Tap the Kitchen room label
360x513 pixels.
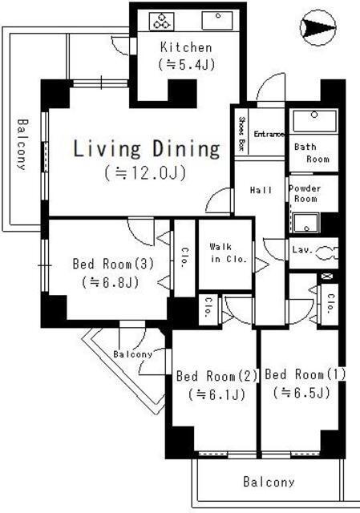pos(186,47)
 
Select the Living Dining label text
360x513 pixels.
pos(147,148)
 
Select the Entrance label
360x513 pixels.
pos(269,135)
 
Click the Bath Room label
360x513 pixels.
pos(310,152)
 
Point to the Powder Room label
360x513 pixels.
pos(305,193)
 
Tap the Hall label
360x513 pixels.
pos(257,190)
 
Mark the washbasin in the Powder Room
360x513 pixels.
pos(305,222)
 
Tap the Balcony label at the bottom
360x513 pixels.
pos(269,483)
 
